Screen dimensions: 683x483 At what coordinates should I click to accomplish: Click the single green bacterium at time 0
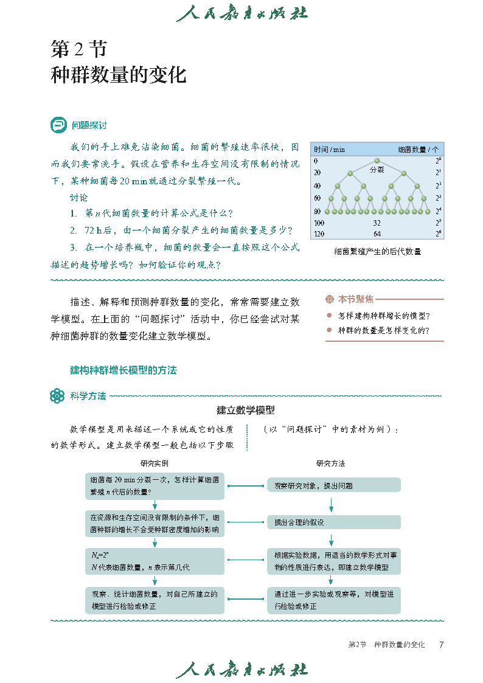(x=377, y=162)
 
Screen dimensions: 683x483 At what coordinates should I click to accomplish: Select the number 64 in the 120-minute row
(x=377, y=234)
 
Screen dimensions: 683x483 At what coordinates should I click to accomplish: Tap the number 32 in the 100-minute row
(x=377, y=223)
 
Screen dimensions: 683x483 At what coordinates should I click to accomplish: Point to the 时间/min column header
(x=329, y=149)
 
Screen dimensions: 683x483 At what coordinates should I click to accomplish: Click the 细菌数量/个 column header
(x=418, y=149)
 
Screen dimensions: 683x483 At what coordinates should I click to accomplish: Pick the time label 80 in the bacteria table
(x=317, y=211)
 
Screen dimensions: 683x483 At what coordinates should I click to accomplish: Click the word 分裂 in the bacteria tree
(x=377, y=170)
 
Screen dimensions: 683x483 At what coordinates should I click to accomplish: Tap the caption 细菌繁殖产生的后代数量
(x=377, y=251)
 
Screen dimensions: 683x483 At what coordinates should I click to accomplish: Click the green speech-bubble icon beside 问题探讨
(x=58, y=125)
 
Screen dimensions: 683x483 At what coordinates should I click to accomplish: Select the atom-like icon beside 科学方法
(x=57, y=396)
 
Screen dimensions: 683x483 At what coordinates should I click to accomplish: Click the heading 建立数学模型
(x=246, y=411)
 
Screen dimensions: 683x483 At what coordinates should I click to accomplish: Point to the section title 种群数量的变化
(x=118, y=75)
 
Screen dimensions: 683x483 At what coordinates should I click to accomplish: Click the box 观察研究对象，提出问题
(x=334, y=485)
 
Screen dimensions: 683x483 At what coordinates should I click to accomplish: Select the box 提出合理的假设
(x=334, y=522)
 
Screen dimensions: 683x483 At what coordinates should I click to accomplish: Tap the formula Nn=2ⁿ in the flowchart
(x=99, y=555)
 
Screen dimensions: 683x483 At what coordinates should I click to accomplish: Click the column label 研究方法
(x=330, y=463)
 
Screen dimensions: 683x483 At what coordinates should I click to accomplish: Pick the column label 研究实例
(x=155, y=463)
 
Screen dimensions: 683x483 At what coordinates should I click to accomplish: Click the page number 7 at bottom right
(x=441, y=645)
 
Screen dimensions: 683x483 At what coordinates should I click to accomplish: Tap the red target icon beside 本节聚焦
(x=330, y=299)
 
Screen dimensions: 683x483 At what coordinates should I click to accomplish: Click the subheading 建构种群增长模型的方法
(x=123, y=370)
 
